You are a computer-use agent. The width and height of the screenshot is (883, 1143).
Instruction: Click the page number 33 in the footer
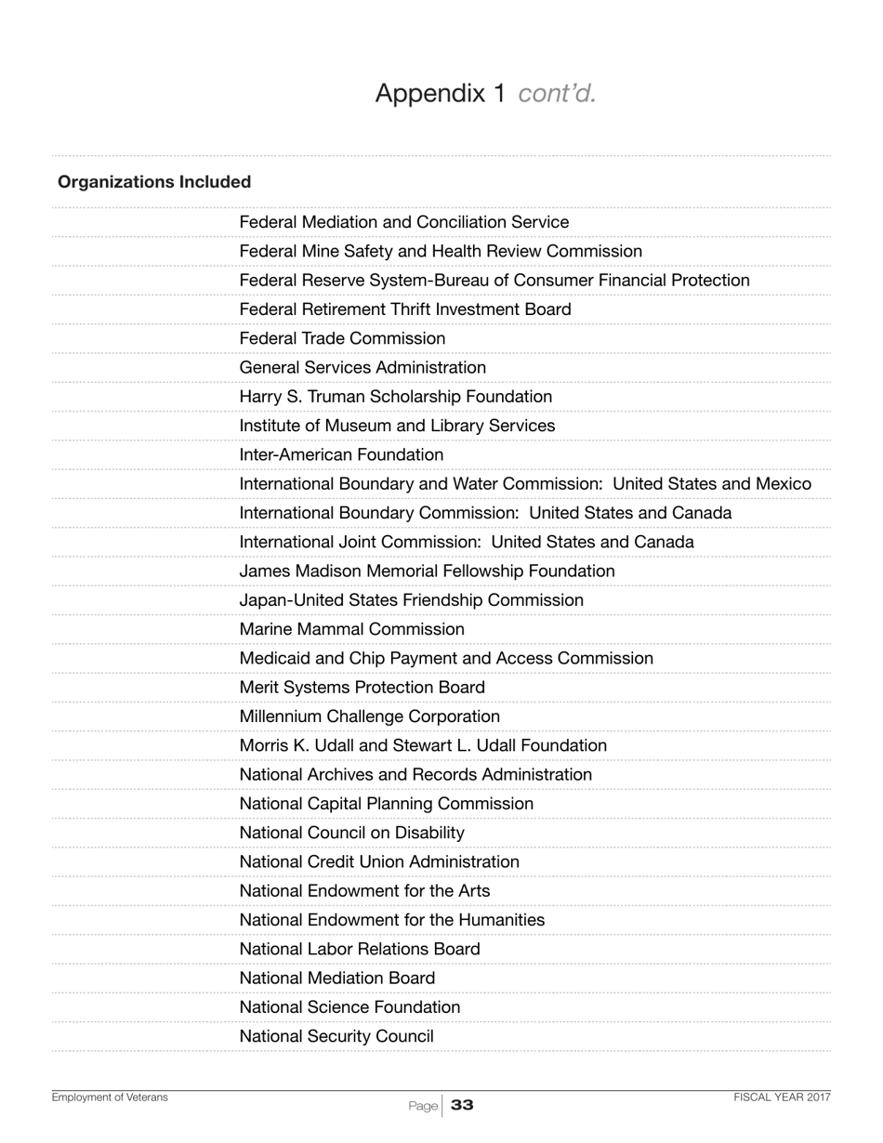(x=462, y=1105)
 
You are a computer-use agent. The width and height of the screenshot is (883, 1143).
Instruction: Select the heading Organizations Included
(x=154, y=182)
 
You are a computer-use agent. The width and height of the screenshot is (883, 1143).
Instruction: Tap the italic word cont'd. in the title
(x=557, y=94)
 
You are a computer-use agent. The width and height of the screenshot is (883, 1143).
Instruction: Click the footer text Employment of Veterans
(x=110, y=1097)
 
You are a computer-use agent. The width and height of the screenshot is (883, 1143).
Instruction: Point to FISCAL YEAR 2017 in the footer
(x=782, y=1097)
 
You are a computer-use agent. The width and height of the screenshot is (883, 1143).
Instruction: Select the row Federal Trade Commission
(x=342, y=339)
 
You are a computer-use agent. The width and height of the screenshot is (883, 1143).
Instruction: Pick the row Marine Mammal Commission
(x=351, y=630)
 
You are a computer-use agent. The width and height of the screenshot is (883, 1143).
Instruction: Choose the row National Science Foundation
(x=349, y=1007)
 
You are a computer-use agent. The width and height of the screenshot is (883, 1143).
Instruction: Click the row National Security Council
(x=336, y=1036)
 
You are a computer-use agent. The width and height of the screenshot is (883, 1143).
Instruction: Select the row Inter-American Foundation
(x=341, y=455)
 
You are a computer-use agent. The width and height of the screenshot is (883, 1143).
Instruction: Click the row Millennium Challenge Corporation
(x=369, y=716)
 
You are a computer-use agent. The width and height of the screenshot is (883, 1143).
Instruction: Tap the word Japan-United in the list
(x=290, y=600)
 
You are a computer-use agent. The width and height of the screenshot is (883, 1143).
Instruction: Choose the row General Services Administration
(x=362, y=368)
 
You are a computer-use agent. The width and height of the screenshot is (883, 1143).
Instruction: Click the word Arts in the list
(x=474, y=891)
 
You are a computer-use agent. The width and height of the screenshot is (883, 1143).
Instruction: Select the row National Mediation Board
(x=336, y=979)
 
